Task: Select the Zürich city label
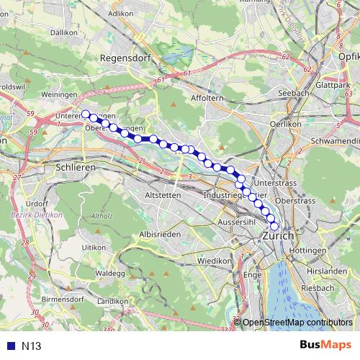pos(278,235)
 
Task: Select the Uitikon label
pos(95,247)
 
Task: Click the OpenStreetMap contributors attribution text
pos(297,323)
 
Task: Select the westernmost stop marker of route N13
pos(86,114)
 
